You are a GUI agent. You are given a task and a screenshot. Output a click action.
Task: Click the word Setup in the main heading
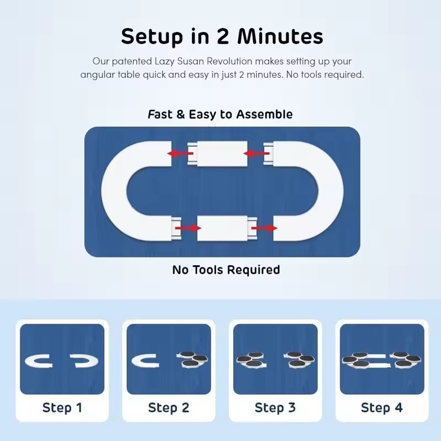(152, 36)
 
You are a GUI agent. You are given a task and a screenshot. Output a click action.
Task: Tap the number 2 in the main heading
(223, 36)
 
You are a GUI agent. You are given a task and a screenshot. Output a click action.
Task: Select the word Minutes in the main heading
(281, 36)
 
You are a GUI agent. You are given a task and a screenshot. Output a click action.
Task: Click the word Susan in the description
(191, 61)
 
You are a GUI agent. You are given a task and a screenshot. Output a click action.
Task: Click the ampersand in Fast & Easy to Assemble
(181, 115)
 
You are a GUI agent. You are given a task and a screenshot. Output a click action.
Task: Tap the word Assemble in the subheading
(265, 115)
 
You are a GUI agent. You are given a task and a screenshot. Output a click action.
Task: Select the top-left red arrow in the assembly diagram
(180, 154)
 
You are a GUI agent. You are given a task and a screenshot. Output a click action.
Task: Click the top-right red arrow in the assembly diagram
(256, 154)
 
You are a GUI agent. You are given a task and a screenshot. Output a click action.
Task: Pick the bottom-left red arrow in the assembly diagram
(188, 228)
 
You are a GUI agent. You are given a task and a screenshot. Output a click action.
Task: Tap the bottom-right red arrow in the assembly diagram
(264, 228)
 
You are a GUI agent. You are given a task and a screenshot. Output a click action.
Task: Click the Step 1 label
(62, 407)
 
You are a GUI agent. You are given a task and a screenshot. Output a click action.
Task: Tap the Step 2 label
(169, 407)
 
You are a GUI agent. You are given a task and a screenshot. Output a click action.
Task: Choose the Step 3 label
(275, 407)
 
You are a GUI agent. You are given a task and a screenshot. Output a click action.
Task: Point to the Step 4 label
(382, 407)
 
